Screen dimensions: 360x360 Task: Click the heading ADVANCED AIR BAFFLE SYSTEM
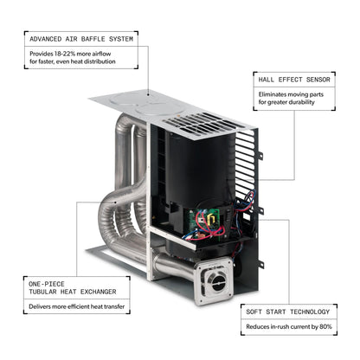[x=81, y=39]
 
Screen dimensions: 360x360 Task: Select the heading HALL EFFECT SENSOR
[x=294, y=80]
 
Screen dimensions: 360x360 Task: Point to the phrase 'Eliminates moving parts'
[x=291, y=94]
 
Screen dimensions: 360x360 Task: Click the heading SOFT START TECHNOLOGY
[x=287, y=312]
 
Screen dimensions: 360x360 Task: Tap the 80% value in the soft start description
[x=325, y=326]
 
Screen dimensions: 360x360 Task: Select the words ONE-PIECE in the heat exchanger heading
[x=47, y=284]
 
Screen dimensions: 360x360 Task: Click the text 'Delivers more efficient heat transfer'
[x=77, y=306]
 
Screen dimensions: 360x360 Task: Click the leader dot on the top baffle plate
[x=149, y=94]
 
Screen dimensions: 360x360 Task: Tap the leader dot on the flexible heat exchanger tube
[x=115, y=202]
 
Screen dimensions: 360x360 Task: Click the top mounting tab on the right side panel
[x=260, y=155]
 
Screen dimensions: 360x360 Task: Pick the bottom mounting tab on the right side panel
[x=261, y=264]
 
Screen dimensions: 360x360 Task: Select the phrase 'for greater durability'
[x=286, y=102]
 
